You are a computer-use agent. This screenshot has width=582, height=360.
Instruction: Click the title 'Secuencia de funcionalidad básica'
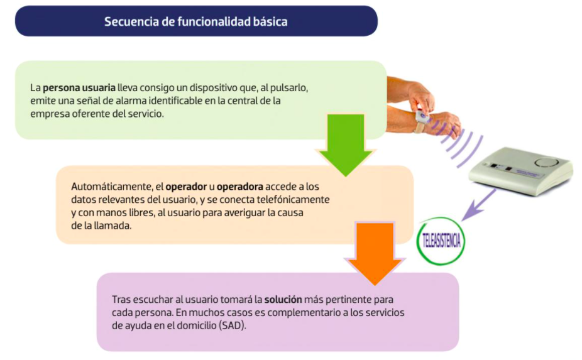(x=195, y=21)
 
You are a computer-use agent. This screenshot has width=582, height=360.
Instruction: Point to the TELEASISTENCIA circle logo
(x=441, y=240)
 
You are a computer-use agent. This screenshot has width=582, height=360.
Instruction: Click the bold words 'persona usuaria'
(x=79, y=87)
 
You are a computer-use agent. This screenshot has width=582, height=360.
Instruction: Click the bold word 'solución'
(x=283, y=299)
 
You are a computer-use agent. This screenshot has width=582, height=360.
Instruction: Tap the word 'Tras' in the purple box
(x=121, y=299)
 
